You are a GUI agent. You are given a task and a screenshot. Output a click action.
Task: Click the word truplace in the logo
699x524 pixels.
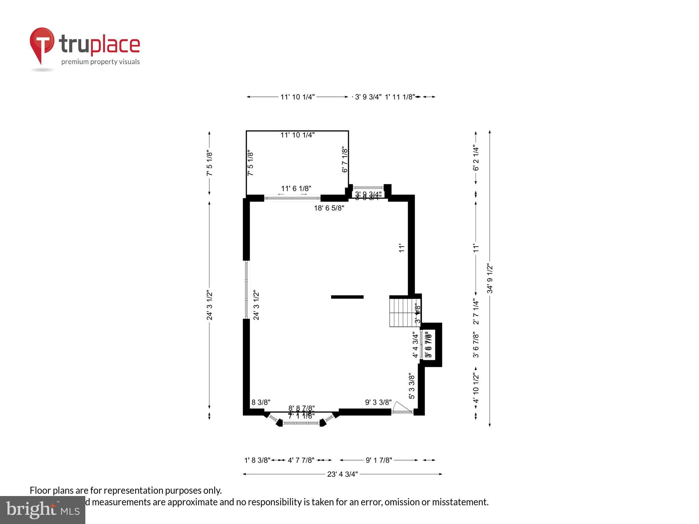(99, 45)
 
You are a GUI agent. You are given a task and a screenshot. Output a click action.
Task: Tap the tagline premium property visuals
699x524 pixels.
(100, 62)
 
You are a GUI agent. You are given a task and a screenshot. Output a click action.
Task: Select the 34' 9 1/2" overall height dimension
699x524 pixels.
(490, 278)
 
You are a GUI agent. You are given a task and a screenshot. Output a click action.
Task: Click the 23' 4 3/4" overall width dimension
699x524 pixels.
(342, 474)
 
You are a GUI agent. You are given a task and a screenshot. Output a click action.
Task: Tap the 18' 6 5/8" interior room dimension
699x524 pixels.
(329, 208)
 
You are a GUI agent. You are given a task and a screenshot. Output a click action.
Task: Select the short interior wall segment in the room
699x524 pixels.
(347, 297)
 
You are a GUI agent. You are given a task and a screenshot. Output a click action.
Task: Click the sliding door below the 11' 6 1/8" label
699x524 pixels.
(293, 198)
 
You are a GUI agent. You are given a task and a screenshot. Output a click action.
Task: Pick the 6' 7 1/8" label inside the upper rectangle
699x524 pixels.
(345, 160)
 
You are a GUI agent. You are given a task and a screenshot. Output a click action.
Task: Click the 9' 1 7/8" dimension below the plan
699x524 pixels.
(379, 460)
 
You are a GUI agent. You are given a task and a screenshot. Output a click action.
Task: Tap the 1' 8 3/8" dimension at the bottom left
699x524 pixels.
(257, 460)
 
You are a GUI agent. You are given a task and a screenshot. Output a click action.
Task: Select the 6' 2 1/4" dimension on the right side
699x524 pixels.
(476, 158)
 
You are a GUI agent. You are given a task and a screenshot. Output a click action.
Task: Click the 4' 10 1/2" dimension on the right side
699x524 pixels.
(476, 388)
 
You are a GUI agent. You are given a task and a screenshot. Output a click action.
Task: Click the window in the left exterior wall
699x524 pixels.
(246, 290)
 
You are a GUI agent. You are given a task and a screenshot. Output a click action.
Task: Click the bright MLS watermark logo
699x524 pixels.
(43, 510)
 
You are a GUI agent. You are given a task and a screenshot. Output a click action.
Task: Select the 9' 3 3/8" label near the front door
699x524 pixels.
(378, 403)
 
